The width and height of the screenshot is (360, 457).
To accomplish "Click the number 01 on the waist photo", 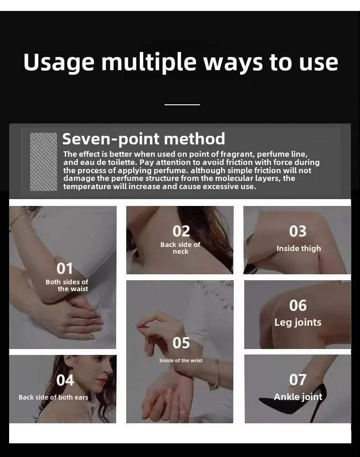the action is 64,269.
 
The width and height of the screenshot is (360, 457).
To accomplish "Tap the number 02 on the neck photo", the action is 181,231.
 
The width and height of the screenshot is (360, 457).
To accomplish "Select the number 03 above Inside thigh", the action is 298,231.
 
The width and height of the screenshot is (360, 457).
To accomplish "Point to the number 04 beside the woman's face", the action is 65,380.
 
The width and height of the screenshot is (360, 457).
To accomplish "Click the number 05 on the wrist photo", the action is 181,343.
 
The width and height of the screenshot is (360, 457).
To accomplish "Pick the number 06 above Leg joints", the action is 298,306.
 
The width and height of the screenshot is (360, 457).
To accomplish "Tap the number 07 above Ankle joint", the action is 298,380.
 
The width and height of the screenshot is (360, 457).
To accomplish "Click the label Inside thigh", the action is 298,248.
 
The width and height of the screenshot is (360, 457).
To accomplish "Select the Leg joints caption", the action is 298,322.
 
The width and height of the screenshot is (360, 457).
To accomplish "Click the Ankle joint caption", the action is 298,397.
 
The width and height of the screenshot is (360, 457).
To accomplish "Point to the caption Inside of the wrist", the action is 181,360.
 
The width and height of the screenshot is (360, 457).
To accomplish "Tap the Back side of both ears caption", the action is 53,397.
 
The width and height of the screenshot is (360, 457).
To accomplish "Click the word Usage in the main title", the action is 59,62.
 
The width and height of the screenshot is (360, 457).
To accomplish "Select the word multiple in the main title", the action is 149,62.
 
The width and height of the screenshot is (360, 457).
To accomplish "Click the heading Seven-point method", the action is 144,139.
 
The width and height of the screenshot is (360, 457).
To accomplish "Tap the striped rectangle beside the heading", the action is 43,162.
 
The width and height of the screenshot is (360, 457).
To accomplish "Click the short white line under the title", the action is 182,105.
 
